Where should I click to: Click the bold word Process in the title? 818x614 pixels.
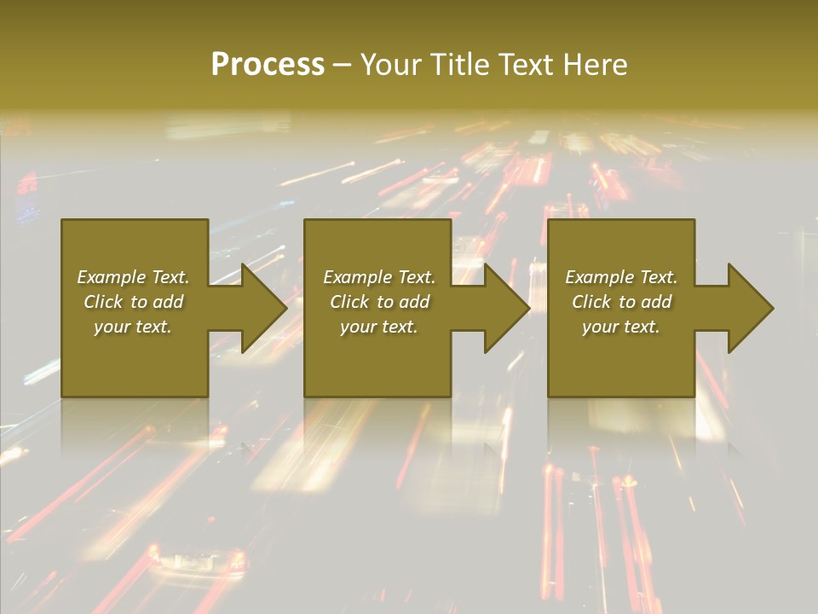pyautogui.click(x=268, y=65)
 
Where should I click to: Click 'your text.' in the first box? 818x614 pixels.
pyautogui.click(x=133, y=327)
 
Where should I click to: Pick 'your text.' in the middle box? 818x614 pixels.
pyautogui.click(x=378, y=327)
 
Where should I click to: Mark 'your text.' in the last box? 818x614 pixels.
pyautogui.click(x=620, y=327)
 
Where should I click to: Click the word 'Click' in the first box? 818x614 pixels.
pyautogui.click(x=103, y=302)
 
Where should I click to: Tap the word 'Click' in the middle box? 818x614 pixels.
pyautogui.click(x=349, y=302)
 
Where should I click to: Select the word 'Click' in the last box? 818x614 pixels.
pyautogui.click(x=591, y=302)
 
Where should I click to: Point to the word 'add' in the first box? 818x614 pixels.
pyautogui.click(x=169, y=302)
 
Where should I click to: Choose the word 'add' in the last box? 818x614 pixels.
pyautogui.click(x=657, y=302)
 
